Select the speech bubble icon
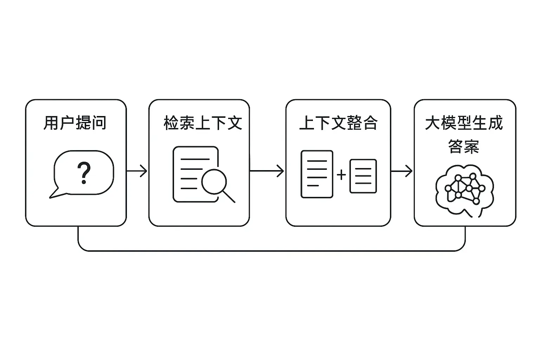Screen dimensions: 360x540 coord(84,174)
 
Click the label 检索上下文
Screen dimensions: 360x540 coord(203,123)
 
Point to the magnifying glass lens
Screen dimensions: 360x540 coord(213,181)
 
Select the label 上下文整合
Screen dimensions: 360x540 coord(338,123)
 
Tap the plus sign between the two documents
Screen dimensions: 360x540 coord(341,175)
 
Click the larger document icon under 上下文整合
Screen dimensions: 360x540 coord(317,174)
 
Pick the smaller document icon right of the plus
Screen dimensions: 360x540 coord(363,176)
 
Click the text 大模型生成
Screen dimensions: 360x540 coord(464,123)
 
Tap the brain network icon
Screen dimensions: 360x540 coord(464,190)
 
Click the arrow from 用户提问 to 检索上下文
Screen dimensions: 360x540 coord(137,171)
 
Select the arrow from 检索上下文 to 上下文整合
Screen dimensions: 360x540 coord(267,171)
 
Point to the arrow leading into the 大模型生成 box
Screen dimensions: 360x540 coord(402,171)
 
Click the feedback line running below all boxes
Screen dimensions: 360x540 coord(271,251)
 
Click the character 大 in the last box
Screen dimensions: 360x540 coord(433,123)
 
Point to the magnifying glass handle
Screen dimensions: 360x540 coord(229,197)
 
